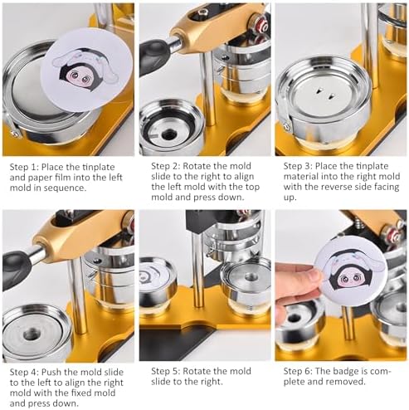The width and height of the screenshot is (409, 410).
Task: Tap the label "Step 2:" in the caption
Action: [x=165, y=166]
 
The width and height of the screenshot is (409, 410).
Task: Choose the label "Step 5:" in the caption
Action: [x=165, y=371]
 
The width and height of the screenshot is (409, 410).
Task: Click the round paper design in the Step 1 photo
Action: [x=87, y=69]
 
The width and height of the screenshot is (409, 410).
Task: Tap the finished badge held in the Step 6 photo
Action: [x=351, y=270]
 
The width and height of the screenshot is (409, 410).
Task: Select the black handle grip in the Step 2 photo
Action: [x=155, y=55]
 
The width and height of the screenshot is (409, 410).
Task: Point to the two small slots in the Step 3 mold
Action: [x=325, y=94]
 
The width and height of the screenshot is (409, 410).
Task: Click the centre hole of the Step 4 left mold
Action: [x=32, y=334]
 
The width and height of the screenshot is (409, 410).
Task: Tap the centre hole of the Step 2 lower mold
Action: [x=168, y=134]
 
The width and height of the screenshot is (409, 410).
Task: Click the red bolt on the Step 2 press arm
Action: [x=260, y=26]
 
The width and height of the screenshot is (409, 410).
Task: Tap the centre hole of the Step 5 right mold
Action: [x=251, y=276]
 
